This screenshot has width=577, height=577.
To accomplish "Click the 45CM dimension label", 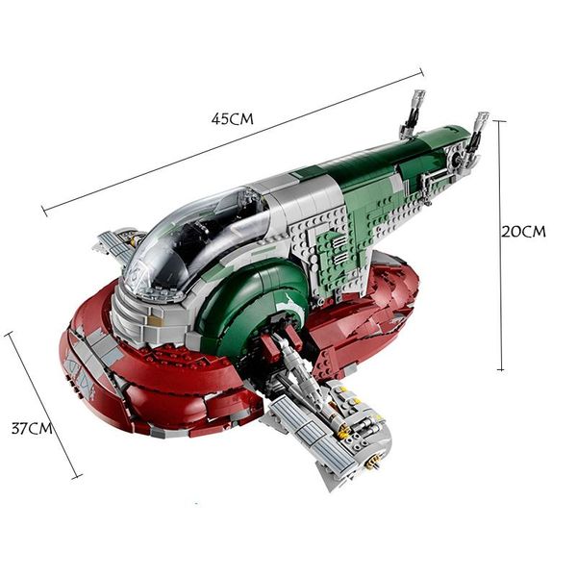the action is point(232,119).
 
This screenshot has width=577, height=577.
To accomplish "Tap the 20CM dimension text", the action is point(524,232).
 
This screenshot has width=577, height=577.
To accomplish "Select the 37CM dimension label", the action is point(32,429).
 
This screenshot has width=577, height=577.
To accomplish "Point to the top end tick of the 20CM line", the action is point(499,121).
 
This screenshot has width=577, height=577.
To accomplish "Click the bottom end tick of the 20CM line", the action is point(501,369).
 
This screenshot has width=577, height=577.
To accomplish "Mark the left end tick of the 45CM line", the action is point(44,212).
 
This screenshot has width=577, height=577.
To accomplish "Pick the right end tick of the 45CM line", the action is point(422,72).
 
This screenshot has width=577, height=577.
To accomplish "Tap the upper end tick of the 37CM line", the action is point(9,334).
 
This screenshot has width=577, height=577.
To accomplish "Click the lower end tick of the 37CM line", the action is point(77,478).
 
